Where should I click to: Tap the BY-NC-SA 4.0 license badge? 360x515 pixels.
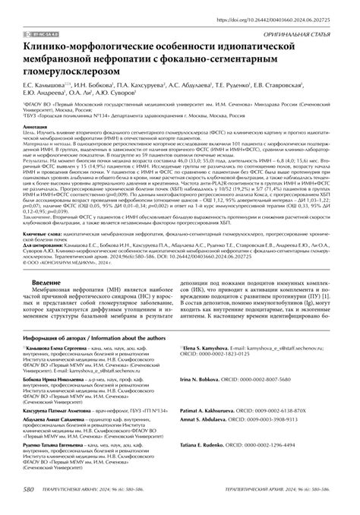point(43,35)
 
